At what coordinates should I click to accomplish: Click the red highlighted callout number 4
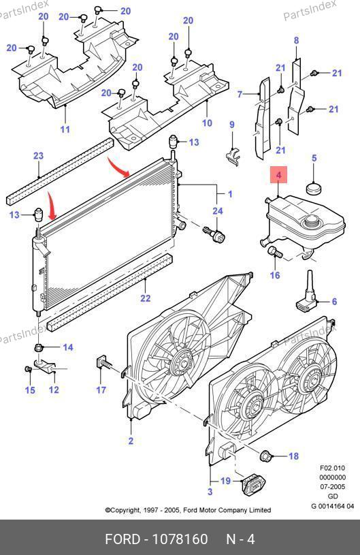point(278,175)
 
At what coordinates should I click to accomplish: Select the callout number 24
point(218,211)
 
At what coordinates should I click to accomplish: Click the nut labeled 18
point(265,456)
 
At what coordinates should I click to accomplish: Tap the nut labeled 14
point(39,347)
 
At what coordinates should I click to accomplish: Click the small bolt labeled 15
point(29,369)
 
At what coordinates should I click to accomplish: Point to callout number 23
point(38,155)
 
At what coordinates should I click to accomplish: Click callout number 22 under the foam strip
point(146,298)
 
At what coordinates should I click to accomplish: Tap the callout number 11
point(65,129)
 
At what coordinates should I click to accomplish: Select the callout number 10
point(207,123)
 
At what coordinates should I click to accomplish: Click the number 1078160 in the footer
point(180,539)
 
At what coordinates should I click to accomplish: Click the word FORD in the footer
point(122,539)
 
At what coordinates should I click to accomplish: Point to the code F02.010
point(332,468)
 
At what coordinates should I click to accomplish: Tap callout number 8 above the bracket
point(296,40)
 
